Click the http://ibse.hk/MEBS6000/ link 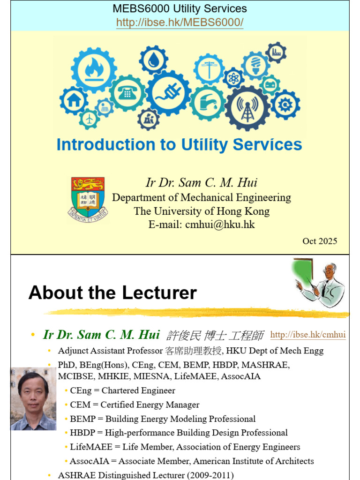click(180, 22)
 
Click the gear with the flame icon click(94, 70)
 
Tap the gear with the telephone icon click(127, 93)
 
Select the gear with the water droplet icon click(153, 60)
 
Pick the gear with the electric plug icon click(168, 93)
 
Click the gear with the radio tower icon click(247, 108)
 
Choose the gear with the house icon click(74, 100)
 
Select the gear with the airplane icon click(89, 119)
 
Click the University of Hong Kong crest click(88, 200)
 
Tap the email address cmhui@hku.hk click(220, 225)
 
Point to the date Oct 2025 click(320, 241)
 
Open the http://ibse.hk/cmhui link click(308, 335)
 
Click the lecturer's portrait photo click(33, 398)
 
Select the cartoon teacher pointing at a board click(318, 282)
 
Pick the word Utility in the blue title click(204, 145)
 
